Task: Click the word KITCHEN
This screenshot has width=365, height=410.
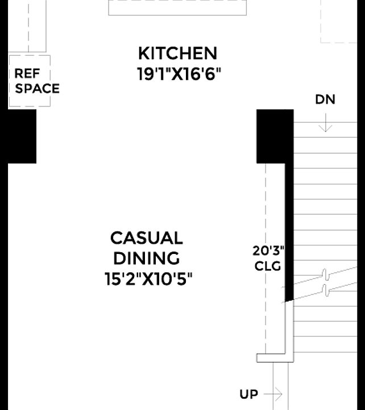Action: pyautogui.click(x=177, y=54)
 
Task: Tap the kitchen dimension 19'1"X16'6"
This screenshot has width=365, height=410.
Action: pyautogui.click(x=179, y=74)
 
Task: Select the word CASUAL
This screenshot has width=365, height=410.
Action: pyautogui.click(x=147, y=238)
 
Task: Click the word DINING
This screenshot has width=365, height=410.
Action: pyautogui.click(x=147, y=259)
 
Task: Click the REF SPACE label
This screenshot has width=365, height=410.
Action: pyautogui.click(x=36, y=81)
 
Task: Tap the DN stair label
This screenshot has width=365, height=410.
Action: pyautogui.click(x=325, y=100)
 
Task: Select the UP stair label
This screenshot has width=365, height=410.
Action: pyautogui.click(x=248, y=394)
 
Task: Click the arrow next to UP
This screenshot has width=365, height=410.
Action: pyautogui.click(x=273, y=394)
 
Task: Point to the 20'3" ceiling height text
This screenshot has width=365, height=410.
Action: pyautogui.click(x=268, y=251)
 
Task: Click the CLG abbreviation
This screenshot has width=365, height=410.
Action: pyautogui.click(x=268, y=266)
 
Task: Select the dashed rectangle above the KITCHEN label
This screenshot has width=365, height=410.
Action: pyautogui.click(x=177, y=7)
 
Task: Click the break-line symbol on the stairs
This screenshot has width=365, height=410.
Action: pyautogui.click(x=325, y=282)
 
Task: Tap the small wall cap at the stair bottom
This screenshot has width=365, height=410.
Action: pyautogui.click(x=275, y=358)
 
